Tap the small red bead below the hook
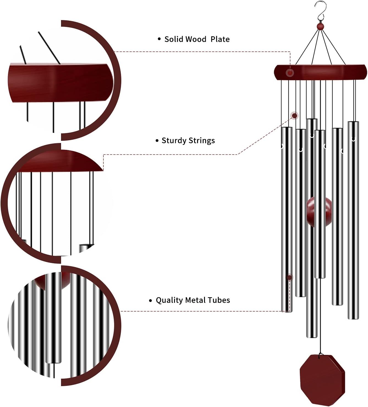pyautogui.click(x=320, y=26)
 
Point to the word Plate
pyautogui.click(x=220, y=39)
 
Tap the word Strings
pyautogui.click(x=202, y=141)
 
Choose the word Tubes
pyautogui.click(x=219, y=300)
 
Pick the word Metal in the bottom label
pyautogui.click(x=195, y=300)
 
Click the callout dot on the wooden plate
pyautogui.click(x=290, y=73)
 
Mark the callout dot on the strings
pyautogui.click(x=294, y=116)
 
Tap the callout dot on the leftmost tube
pyautogui.click(x=289, y=277)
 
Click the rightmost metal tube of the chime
pyautogui.click(x=353, y=220)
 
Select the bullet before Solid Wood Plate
pyautogui.click(x=159, y=39)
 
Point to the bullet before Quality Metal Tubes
pyautogui.click(x=150, y=300)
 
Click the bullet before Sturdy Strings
pyautogui.click(x=157, y=141)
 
